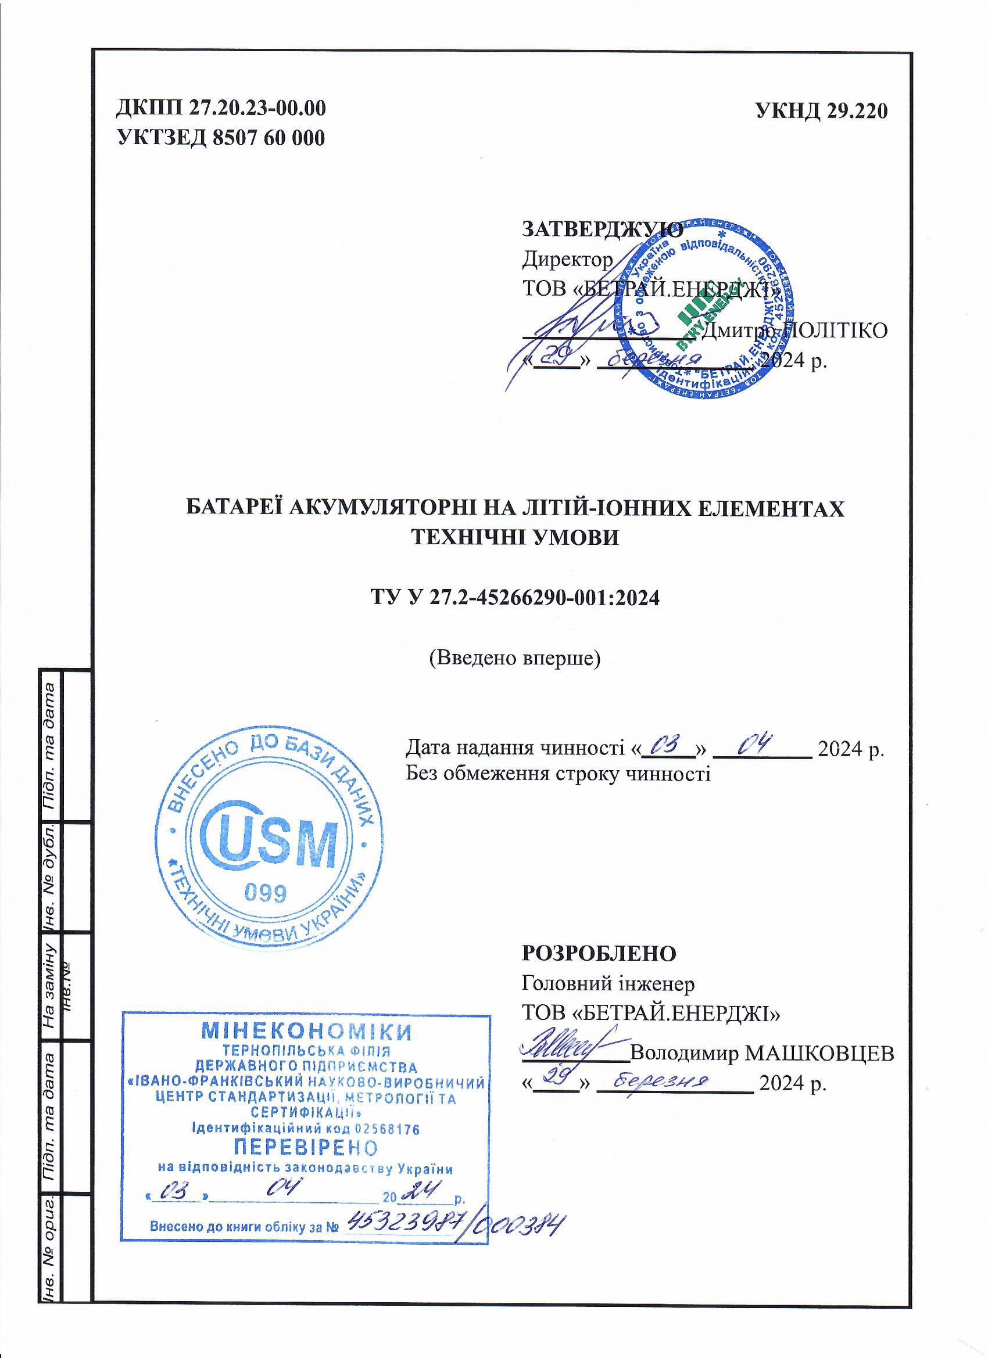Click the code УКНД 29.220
[821, 111]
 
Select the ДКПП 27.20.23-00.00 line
[221, 109]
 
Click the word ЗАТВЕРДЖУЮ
[602, 229]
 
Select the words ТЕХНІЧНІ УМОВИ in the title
[516, 537]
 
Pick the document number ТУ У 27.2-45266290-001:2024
[516, 598]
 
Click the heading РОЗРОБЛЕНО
[599, 953]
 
